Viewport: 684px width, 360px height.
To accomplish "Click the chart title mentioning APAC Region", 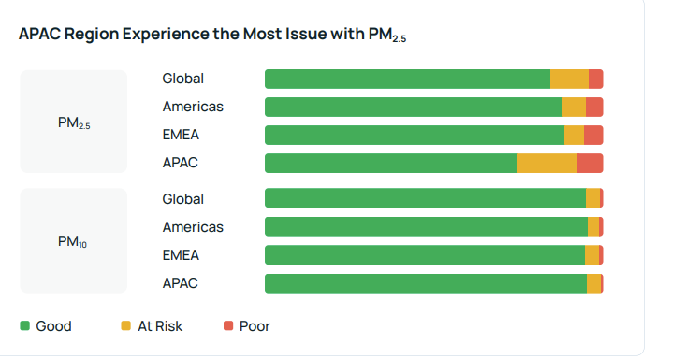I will (x=212, y=35).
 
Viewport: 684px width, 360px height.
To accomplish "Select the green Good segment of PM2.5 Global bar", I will (x=407, y=79).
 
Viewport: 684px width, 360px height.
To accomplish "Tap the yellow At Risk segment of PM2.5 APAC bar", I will (x=547, y=164).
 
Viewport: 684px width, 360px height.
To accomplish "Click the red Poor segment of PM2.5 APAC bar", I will (x=589, y=164).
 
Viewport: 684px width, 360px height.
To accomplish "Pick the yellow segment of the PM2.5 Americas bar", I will (x=574, y=108).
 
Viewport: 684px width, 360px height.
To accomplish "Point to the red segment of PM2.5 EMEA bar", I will (x=593, y=136).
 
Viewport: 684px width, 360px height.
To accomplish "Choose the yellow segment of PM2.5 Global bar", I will (x=569, y=79).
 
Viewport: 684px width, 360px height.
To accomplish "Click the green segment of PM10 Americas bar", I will (x=426, y=227).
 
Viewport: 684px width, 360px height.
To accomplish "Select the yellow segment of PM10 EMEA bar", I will (x=591, y=255).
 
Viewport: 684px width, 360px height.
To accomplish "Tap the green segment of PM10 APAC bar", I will (x=426, y=283).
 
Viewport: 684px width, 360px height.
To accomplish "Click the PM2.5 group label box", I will (x=74, y=122).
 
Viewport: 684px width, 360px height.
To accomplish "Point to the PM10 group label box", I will (x=74, y=241).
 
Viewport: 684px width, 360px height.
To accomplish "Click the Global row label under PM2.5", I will (x=182, y=79).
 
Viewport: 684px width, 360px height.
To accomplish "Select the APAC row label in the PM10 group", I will (x=180, y=283).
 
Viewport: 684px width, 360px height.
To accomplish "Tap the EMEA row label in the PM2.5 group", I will (x=181, y=136).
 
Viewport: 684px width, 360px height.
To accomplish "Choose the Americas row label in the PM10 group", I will (x=193, y=227).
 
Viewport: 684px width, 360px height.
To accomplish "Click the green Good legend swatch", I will (x=25, y=326).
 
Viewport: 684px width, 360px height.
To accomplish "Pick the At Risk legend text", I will (x=160, y=326).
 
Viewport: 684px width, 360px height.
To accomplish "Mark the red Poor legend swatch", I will (x=228, y=326).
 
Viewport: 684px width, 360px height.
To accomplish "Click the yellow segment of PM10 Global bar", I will (x=592, y=199).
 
